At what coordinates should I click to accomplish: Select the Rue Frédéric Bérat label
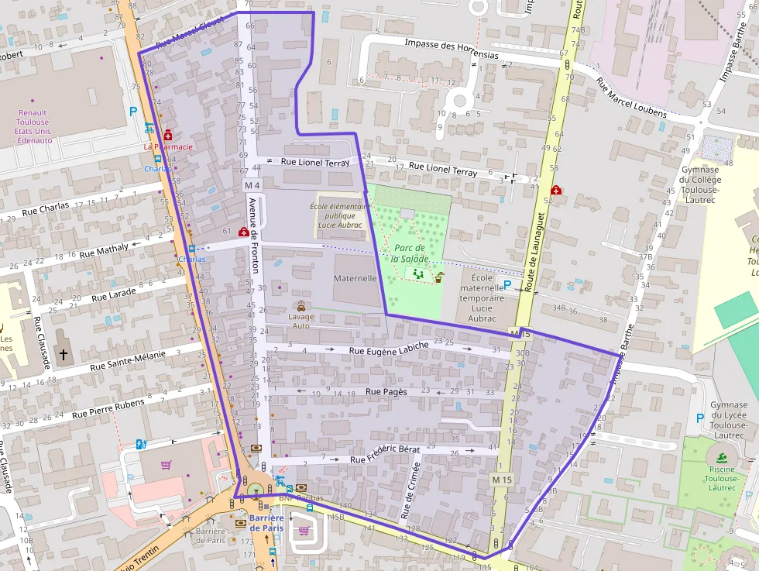384,454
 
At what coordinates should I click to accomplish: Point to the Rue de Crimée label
410,490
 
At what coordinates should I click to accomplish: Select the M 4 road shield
252,186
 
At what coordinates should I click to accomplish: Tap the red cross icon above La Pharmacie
167,136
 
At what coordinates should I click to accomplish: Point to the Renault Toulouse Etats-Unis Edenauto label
33,126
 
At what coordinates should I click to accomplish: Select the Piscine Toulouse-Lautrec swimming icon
722,458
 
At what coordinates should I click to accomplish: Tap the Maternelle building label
355,278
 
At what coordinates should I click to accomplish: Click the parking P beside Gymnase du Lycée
700,418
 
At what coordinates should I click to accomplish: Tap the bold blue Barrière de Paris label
266,523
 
